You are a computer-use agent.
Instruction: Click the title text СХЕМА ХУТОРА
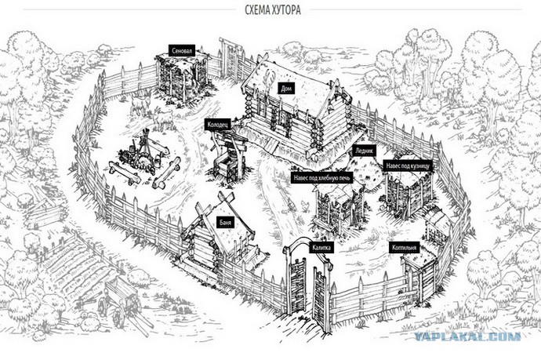273,10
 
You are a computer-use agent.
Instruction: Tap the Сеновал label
182,51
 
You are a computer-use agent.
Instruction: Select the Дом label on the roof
286,89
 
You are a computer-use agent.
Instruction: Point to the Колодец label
218,125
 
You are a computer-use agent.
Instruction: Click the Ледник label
365,151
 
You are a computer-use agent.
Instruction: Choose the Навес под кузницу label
408,166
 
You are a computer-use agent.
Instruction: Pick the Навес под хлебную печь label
322,178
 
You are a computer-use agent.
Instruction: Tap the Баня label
225,222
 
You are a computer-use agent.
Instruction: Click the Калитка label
321,248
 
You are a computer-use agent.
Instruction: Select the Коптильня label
405,248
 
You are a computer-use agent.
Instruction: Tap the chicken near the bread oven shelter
305,205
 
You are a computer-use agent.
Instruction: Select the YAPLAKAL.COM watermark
467,336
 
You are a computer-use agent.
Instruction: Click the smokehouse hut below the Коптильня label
420,276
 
